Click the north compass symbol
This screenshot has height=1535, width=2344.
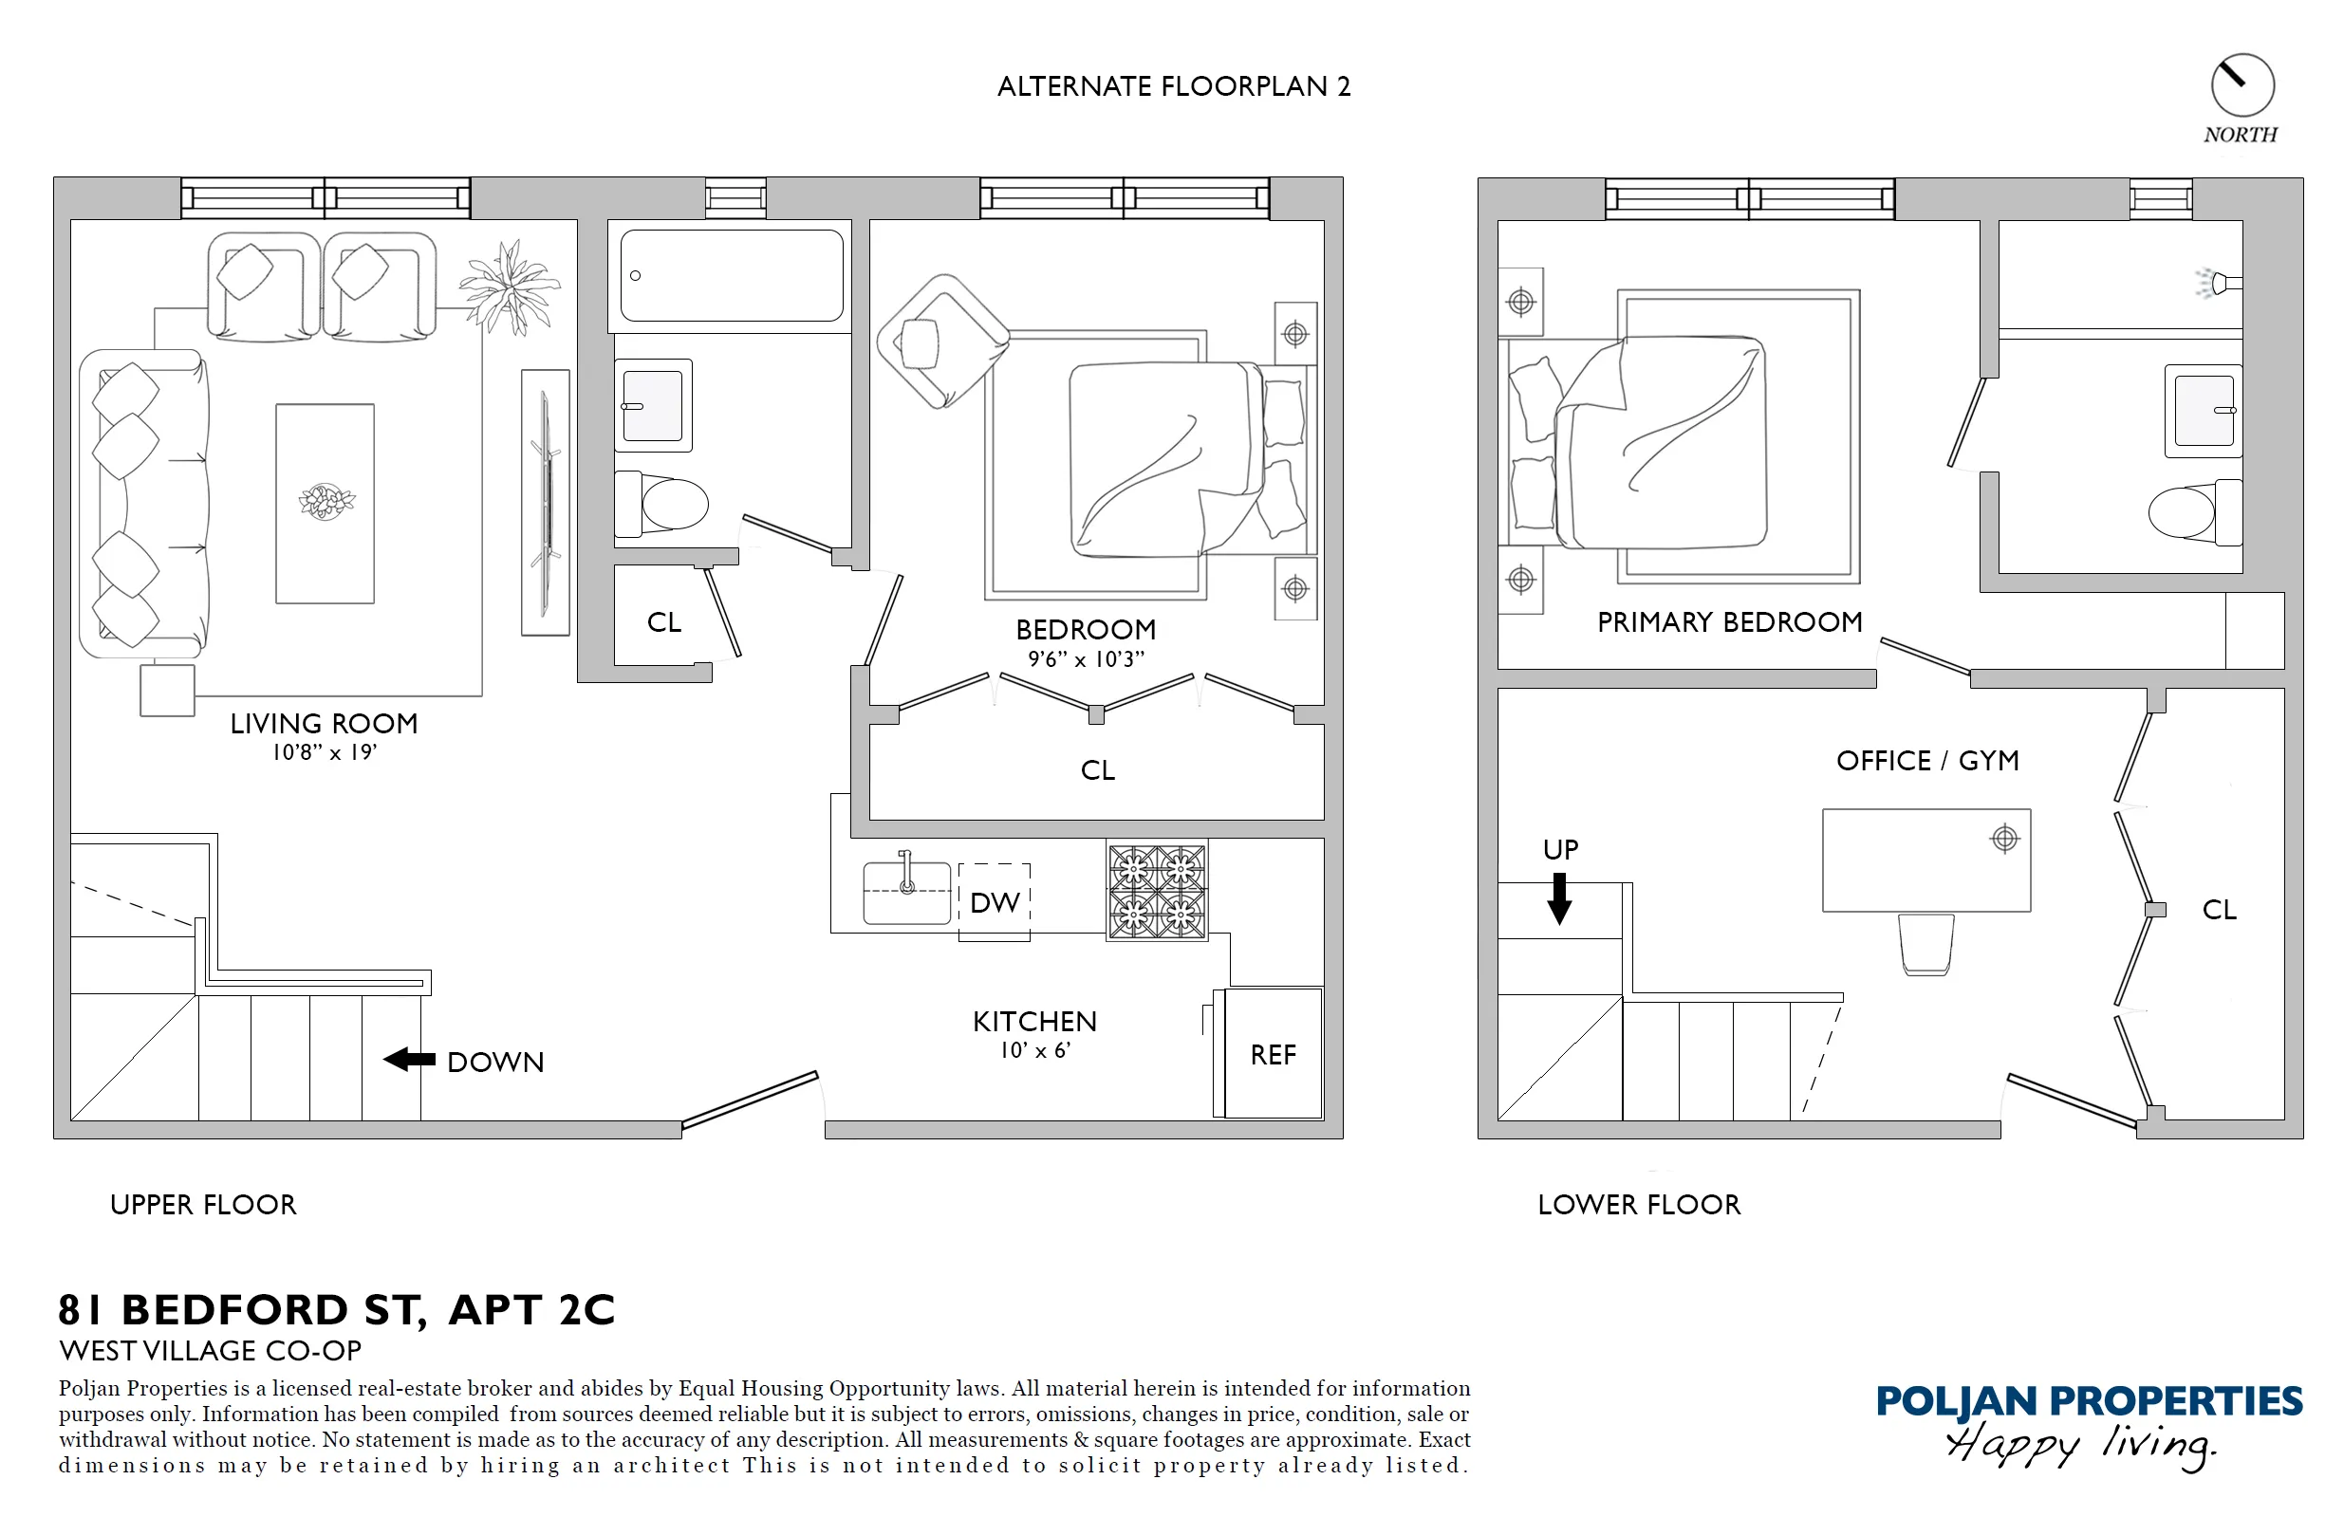click(2242, 85)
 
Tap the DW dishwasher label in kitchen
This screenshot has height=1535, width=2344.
click(994, 903)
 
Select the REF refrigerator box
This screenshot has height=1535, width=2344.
click(1273, 1053)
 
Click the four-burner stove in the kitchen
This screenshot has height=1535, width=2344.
click(1156, 891)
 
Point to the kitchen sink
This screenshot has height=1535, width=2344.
click(906, 893)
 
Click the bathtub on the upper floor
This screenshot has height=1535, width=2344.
click(731, 276)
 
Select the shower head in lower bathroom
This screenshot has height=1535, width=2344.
click(2220, 284)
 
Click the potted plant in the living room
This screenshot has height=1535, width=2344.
click(510, 287)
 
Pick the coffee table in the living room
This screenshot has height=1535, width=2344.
click(325, 503)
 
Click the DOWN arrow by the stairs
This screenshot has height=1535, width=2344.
click(410, 1060)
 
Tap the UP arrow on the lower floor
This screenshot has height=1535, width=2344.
click(1559, 898)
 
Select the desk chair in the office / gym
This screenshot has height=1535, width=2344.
click(1926, 944)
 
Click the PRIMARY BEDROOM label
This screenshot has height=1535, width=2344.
click(1729, 622)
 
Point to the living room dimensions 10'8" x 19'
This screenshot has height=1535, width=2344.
click(324, 752)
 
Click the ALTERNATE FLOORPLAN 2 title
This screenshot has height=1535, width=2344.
click(1173, 86)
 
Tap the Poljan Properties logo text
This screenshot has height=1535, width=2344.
click(2088, 1401)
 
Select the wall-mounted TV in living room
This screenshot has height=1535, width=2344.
click(545, 502)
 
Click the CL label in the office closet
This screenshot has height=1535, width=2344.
click(2219, 910)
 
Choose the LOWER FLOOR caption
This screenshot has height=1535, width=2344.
click(1639, 1204)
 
